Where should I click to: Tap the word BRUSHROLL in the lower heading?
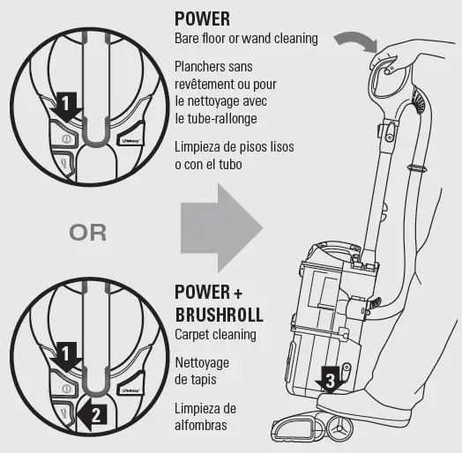pos(219,315)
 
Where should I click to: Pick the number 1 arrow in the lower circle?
pos(64,357)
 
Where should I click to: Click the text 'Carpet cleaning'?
pos(215,335)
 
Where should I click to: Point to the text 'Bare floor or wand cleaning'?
pos(246,39)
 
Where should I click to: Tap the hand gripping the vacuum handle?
pos(386,59)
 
